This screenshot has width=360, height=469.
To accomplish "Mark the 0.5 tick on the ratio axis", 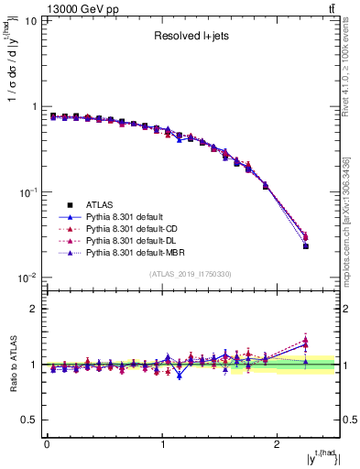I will click(32, 420).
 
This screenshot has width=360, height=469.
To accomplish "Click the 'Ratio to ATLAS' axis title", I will click(12, 365).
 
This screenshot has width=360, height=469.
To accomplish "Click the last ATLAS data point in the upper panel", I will click(306, 246).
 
